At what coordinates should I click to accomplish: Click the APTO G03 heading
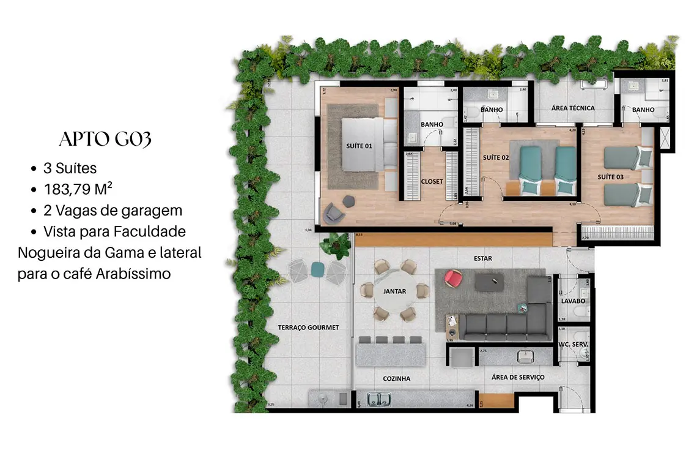(x=105, y=139)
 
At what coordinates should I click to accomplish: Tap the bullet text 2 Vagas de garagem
(x=112, y=211)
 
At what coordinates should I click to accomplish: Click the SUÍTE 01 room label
(x=359, y=146)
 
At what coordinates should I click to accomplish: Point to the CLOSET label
(x=432, y=181)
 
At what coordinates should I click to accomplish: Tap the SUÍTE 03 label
(x=610, y=177)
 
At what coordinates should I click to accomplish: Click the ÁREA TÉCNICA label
(x=573, y=108)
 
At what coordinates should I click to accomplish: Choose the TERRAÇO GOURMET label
(x=308, y=328)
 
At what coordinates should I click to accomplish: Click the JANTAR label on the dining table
(x=394, y=291)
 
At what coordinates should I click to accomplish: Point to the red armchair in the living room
(x=453, y=278)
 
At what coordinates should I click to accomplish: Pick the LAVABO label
(x=573, y=301)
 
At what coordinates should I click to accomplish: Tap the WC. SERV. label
(x=573, y=345)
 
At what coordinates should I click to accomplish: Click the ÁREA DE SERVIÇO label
(x=518, y=377)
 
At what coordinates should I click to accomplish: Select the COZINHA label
(x=396, y=379)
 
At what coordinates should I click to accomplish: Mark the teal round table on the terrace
(x=317, y=268)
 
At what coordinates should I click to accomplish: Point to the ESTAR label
(x=482, y=258)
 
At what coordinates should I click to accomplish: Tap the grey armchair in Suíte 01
(x=333, y=212)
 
